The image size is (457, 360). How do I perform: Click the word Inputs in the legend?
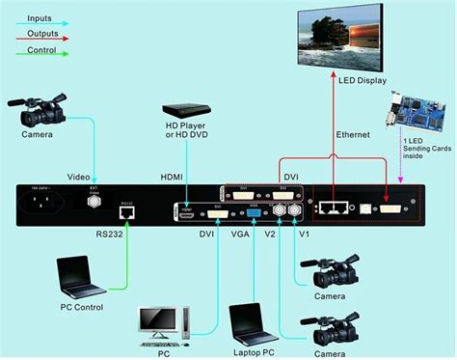tap(40, 18)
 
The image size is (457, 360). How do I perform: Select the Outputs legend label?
tap(43, 34)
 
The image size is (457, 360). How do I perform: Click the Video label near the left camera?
tap(79, 177)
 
